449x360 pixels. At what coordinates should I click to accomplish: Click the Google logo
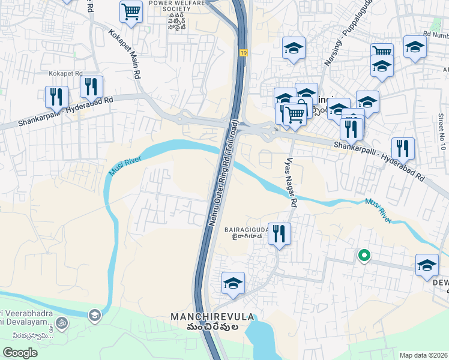[20, 353]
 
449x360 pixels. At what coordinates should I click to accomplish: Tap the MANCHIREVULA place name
[212, 317]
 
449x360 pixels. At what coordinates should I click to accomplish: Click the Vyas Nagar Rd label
[291, 183]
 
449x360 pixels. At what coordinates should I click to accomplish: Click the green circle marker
[363, 256]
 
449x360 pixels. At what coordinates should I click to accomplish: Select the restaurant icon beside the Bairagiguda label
[279, 233]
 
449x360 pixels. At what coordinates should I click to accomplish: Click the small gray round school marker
[94, 314]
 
